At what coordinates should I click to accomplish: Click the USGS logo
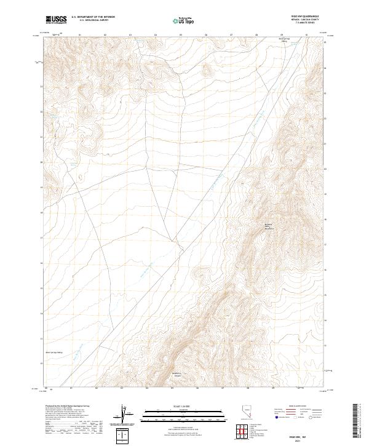point(56,20)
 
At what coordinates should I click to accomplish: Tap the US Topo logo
point(184,21)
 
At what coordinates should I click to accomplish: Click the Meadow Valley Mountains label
point(272,226)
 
